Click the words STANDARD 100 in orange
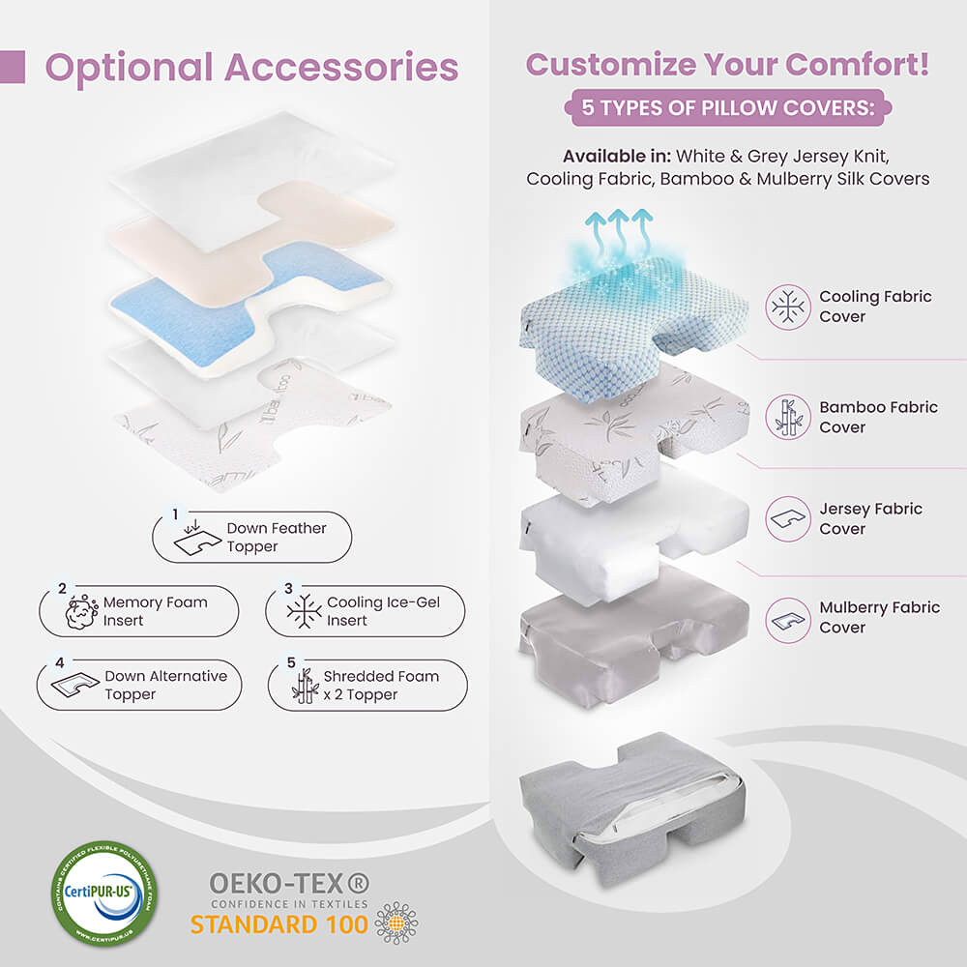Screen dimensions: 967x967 point(278,924)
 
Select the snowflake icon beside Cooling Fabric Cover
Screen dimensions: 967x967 point(788,307)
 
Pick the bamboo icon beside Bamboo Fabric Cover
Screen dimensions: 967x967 point(788,417)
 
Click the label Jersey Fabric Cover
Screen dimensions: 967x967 point(870,518)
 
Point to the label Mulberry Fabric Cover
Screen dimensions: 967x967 point(879,617)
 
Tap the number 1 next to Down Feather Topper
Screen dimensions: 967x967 point(175,514)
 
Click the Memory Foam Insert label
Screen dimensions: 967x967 point(155,611)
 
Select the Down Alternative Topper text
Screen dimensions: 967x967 point(165,685)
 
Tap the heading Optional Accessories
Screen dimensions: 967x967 point(251,68)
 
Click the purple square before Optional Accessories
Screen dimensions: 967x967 point(13,67)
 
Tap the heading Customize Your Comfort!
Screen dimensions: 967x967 point(727,65)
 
